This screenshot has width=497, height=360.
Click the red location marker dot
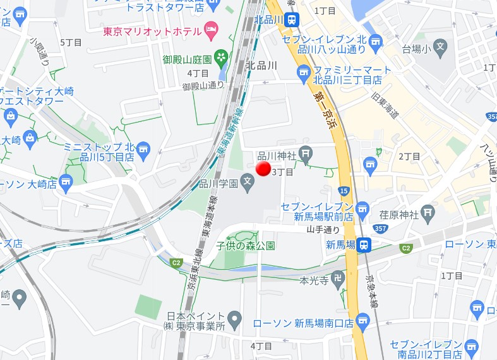[x=263, y=169]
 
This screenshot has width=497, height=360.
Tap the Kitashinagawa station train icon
[x=291, y=19]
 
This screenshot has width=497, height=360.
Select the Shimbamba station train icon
[x=363, y=245]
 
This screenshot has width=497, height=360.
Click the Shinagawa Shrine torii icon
[x=306, y=152]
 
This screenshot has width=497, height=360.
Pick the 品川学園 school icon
[x=248, y=184]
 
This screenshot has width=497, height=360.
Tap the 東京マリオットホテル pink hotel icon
[x=211, y=31]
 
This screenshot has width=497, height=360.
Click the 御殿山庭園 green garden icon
[x=221, y=59]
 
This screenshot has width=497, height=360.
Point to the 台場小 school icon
[x=440, y=48]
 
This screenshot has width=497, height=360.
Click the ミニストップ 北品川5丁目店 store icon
[x=143, y=150]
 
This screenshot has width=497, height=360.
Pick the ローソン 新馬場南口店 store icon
[x=362, y=322]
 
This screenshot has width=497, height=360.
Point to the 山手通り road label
[x=323, y=230]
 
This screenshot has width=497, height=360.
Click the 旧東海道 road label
[x=385, y=106]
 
